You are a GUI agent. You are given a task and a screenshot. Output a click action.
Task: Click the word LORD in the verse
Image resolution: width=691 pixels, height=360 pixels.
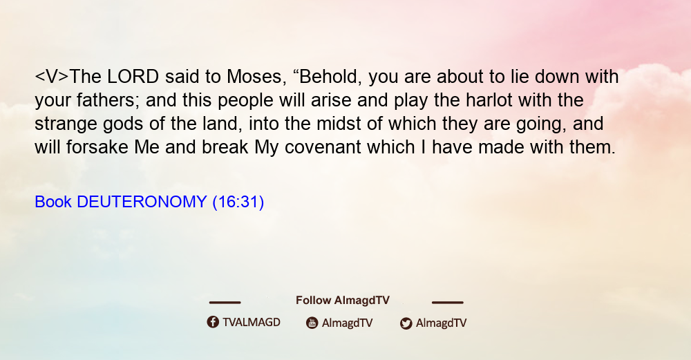133,77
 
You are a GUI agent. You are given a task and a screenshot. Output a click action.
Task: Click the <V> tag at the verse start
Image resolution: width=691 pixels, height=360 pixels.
52,77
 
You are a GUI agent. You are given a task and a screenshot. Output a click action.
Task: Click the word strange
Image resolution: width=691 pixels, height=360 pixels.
66,124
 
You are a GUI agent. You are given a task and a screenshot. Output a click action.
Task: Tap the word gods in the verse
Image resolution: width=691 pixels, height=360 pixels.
123,124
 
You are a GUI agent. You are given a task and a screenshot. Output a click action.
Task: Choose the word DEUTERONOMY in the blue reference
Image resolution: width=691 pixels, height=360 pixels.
142,202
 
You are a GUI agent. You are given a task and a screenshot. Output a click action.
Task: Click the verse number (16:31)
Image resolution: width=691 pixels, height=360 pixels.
238,202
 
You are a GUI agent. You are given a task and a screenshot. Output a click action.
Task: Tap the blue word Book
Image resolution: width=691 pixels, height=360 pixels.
53,202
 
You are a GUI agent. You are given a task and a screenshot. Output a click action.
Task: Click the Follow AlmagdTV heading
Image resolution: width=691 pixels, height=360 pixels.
343,300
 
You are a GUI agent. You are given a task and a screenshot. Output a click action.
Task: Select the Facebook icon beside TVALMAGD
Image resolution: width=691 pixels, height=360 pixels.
213,322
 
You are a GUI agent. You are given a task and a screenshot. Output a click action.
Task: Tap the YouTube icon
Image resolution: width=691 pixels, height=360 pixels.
312,323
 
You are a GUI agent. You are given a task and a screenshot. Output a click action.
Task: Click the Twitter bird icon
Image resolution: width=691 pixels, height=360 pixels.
406,323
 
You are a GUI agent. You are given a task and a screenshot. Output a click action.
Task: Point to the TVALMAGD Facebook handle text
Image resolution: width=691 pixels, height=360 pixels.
252,322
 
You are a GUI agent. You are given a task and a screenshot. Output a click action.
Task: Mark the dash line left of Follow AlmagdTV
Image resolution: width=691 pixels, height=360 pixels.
225,302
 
